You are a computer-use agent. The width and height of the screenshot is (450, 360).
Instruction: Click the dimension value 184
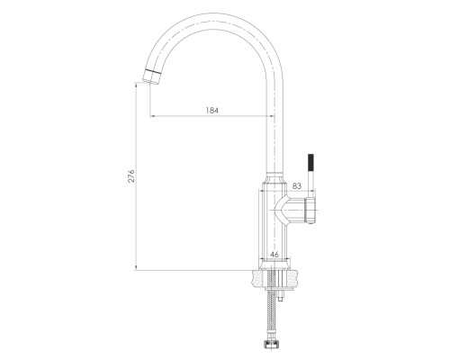pos(212,111)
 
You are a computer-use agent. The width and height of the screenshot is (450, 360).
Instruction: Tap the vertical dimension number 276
pos(131,176)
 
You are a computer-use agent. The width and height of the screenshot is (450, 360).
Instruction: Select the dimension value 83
pos(296,186)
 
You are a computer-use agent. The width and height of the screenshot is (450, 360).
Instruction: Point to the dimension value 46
pos(274,255)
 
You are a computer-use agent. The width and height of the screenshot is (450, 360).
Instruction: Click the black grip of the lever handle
pos(311,163)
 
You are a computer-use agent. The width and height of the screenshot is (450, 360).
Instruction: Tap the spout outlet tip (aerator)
pos(151,76)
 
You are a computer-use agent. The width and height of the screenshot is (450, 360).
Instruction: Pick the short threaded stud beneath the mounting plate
pos(281,296)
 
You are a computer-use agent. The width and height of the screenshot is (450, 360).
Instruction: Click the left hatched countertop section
pos(259,278)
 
